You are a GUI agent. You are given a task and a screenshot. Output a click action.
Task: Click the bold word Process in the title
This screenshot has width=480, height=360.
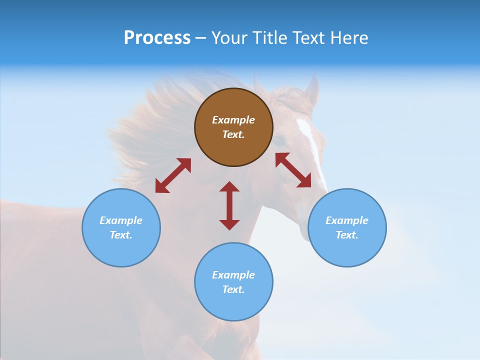pyautogui.click(x=157, y=38)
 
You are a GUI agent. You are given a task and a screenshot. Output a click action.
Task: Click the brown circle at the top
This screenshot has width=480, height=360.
pyautogui.click(x=233, y=127)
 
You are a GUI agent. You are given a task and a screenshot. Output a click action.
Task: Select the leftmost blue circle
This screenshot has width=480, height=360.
pyautogui.click(x=121, y=227)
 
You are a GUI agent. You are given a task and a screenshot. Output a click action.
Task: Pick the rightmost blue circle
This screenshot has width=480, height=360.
pyautogui.click(x=347, y=227)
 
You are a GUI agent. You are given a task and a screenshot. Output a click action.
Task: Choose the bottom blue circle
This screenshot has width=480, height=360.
pyautogui.click(x=233, y=282)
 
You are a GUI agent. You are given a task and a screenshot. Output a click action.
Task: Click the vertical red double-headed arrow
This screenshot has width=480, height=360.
pyautogui.click(x=229, y=205)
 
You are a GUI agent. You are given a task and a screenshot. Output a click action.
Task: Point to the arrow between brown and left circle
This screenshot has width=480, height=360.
pyautogui.click(x=173, y=175)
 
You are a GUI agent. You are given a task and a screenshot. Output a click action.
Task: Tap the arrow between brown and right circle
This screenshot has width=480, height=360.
pyautogui.click(x=293, y=170)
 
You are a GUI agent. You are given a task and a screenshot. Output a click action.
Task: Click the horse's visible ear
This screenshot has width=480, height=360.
pyautogui.click(x=312, y=90)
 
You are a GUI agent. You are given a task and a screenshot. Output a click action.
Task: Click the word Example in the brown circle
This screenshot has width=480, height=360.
pyautogui.click(x=233, y=120)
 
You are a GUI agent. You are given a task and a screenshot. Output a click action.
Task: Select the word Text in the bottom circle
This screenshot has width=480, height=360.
pyautogui.click(x=232, y=289)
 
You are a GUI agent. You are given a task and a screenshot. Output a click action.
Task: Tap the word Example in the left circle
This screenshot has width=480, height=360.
pyautogui.click(x=121, y=220)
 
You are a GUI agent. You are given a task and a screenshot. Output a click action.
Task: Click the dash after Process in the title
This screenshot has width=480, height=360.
pyautogui.click(x=200, y=38)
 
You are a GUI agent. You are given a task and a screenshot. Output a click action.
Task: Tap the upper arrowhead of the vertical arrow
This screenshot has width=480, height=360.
pyautogui.click(x=229, y=187)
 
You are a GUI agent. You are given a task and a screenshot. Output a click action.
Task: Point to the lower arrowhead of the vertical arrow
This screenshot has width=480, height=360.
pyautogui.click(x=229, y=224)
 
